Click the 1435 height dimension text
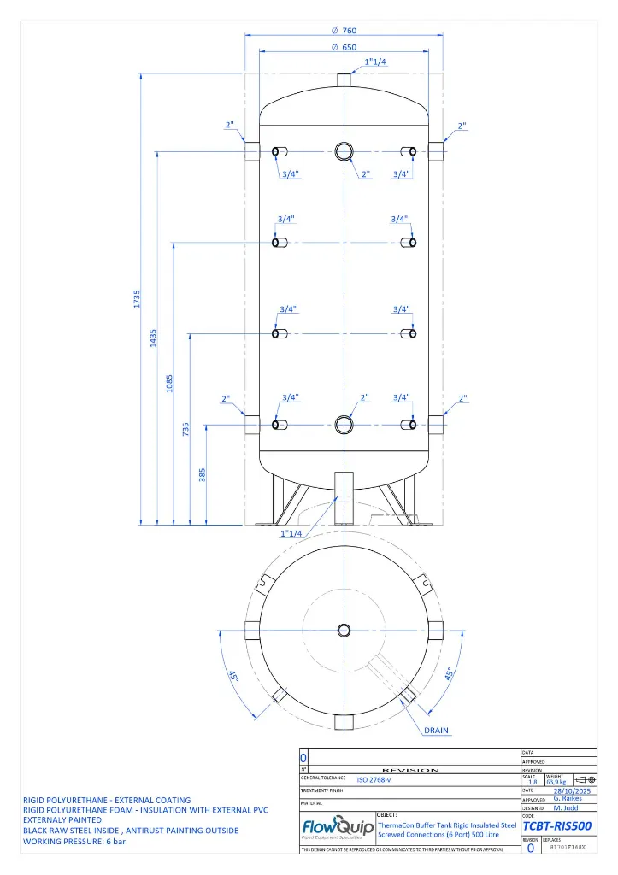pos(155,338)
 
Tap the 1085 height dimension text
pos(171,381)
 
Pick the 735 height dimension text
pos(186,430)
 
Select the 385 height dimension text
pos(203,473)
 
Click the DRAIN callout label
pos(436,731)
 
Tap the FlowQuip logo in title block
pos(337,829)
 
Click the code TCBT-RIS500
pos(556,825)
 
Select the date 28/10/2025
pos(572,791)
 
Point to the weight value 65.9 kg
pos(556,781)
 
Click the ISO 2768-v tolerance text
pos(374,780)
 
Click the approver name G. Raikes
pos(568,799)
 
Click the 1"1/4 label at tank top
pos(374,62)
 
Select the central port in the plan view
pos(344,631)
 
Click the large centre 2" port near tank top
pos(344,152)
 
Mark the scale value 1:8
pos(533,781)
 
